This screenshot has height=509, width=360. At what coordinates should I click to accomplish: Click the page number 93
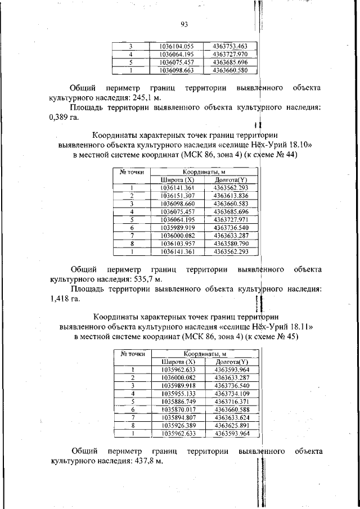pyautogui.click(x=184, y=24)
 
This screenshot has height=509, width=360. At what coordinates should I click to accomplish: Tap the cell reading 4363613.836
pyautogui.click(x=231, y=195)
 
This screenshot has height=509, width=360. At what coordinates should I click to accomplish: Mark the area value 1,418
pyautogui.click(x=60, y=299)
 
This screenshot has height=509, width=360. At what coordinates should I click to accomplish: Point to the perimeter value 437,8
pyautogui.click(x=141, y=461)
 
